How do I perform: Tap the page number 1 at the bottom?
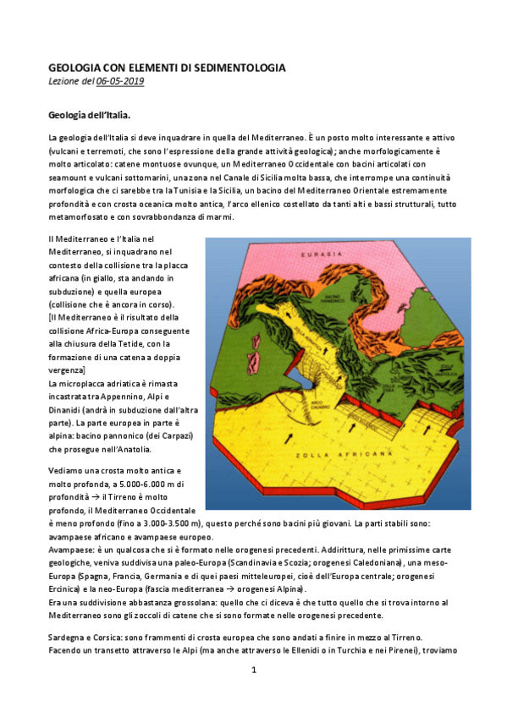pyautogui.click(x=254, y=670)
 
